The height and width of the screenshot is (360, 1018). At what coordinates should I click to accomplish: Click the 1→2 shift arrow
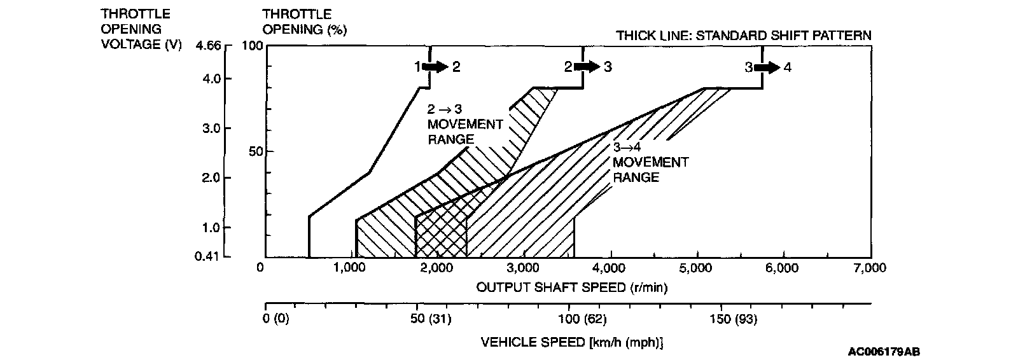pyautogui.click(x=436, y=67)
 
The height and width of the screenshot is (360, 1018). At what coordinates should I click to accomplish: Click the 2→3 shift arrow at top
pyautogui.click(x=587, y=67)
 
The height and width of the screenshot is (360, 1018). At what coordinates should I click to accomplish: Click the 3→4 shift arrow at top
pyautogui.click(x=768, y=67)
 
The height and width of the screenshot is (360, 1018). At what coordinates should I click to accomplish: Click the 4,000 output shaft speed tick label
pyautogui.click(x=611, y=268)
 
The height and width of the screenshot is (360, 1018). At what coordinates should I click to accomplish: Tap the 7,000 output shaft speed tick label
pyautogui.click(x=869, y=268)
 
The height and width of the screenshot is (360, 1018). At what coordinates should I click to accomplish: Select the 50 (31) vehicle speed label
pyautogui.click(x=433, y=319)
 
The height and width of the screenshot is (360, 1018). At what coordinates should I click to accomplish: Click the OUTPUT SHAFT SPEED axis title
pyautogui.click(x=572, y=287)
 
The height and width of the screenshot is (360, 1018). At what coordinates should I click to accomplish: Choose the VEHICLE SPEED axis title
pyautogui.click(x=572, y=342)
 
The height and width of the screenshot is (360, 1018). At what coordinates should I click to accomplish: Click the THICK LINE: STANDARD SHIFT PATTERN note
pyautogui.click(x=743, y=35)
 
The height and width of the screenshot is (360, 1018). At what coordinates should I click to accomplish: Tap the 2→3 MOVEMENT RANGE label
pyautogui.click(x=464, y=124)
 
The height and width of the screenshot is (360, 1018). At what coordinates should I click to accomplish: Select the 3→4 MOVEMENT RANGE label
pyautogui.click(x=650, y=163)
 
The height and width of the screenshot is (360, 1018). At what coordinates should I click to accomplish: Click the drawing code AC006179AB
pyautogui.click(x=883, y=351)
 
